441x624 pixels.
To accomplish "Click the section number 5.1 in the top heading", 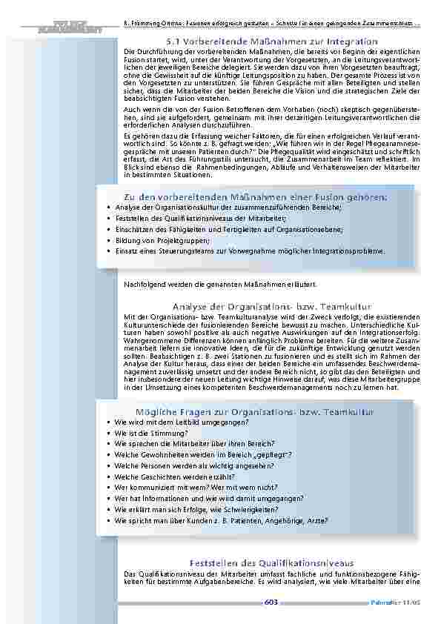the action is point(175,42).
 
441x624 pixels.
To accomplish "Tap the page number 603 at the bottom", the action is point(271,603).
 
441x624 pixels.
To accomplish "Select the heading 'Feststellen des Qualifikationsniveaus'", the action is point(272,563).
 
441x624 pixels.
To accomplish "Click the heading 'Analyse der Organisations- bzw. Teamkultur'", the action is point(271,306).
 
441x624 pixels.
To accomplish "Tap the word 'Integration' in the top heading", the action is point(352,42).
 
